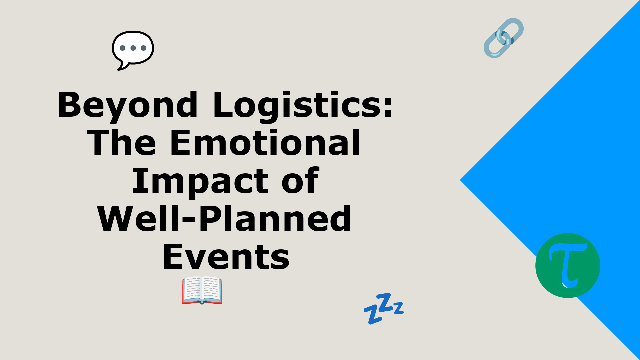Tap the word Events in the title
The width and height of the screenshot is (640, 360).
[x=226, y=257]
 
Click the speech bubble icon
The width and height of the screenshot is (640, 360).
[x=133, y=50]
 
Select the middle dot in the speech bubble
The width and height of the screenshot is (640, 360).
[x=133, y=48]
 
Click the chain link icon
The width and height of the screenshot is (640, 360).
[x=504, y=38]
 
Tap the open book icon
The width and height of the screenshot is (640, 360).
[x=202, y=290]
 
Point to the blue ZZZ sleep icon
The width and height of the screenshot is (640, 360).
[x=384, y=308]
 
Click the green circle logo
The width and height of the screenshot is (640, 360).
[x=568, y=265]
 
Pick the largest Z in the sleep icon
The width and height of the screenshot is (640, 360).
[x=385, y=302]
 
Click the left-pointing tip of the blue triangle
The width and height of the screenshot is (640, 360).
[x=460, y=180]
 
